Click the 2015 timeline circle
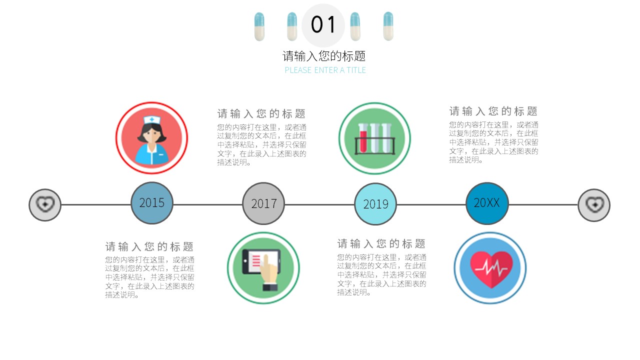[152, 203]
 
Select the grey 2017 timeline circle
[263, 203]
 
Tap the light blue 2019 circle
[375, 204]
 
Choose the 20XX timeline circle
[487, 203]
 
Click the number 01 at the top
[323, 25]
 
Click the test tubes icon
[374, 138]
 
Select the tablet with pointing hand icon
[263, 268]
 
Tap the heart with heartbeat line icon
[490, 268]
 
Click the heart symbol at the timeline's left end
[45, 204]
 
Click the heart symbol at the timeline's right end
[594, 204]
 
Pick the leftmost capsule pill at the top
[259, 26]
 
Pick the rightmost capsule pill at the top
[388, 26]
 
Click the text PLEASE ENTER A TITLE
[325, 70]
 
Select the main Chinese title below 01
[324, 56]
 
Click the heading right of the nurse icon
[261, 113]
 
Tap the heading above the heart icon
[493, 111]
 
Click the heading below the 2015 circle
[149, 246]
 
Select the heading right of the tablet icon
[381, 244]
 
